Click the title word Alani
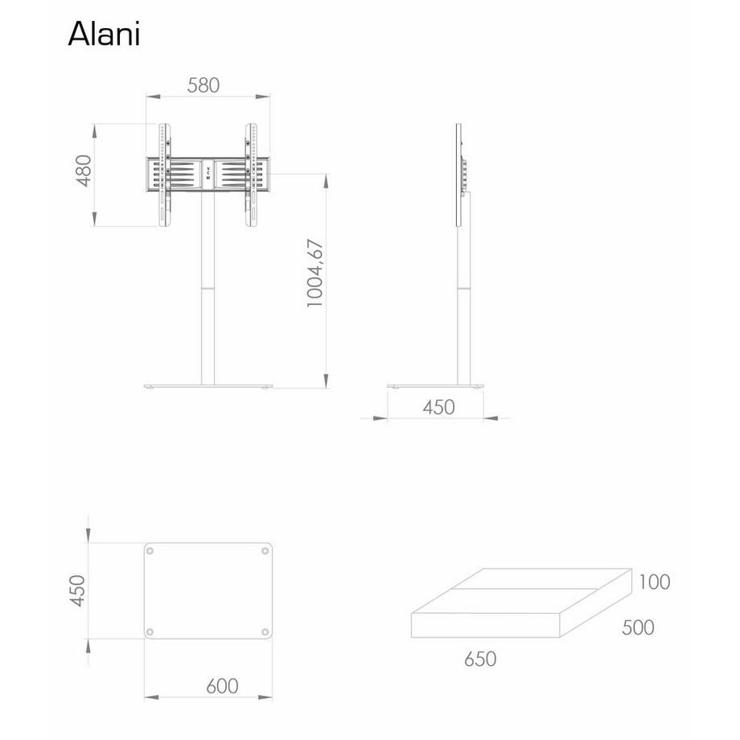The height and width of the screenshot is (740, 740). pos(105,33)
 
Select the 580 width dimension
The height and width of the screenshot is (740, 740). pos(203,84)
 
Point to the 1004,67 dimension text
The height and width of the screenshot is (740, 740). pos(314,273)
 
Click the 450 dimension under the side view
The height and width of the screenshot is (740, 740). pos(438,407)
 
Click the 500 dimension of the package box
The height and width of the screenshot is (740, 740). pos(638,627)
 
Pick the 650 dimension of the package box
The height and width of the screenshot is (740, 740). pos(480,659)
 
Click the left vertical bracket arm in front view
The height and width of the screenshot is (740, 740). pos(165,175)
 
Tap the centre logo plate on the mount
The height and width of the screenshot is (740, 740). pos(208,174)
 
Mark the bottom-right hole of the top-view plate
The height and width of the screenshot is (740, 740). pos(265,631)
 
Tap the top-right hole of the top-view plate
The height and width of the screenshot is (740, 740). pos(265,552)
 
